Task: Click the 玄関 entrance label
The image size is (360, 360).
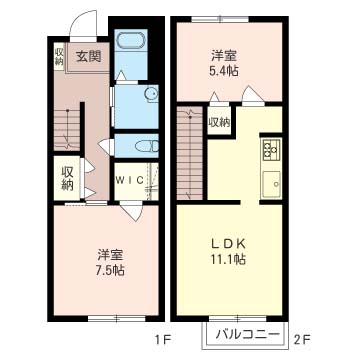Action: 88,57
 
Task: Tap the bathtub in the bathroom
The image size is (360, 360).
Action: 132,40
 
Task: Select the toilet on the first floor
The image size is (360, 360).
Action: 147,146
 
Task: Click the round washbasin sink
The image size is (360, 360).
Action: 151,93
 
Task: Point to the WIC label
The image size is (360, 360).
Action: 130,180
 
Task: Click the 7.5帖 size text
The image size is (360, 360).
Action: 110,269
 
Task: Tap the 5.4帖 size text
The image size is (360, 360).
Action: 224,70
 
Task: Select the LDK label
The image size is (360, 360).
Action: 229,244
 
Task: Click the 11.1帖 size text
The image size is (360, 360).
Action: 229,259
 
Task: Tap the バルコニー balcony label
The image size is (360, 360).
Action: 247,334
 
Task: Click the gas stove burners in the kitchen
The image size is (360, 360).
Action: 272,149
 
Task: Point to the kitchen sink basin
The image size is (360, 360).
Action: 272,184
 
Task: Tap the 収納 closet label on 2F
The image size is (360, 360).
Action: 219,123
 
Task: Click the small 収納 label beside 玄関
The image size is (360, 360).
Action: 59,56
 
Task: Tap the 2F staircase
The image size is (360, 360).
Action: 190,153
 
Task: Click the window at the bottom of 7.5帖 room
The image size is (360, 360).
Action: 117,318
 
